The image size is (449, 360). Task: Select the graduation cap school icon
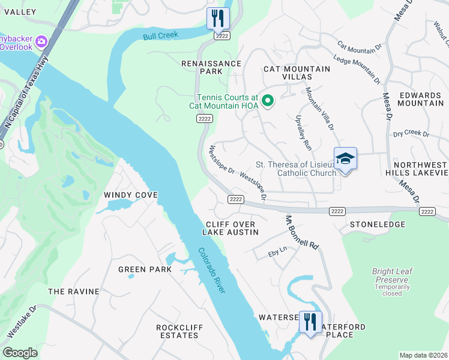(345, 158)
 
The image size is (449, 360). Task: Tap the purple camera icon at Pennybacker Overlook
(41, 41)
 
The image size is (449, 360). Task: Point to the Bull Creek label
(161, 35)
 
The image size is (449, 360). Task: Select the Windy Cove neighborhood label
(130, 195)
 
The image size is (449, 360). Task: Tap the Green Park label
(145, 269)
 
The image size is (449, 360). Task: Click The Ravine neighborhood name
(73, 292)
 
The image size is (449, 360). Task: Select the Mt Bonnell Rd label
(301, 233)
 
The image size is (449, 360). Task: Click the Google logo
(20, 353)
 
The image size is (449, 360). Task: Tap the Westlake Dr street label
(21, 320)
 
